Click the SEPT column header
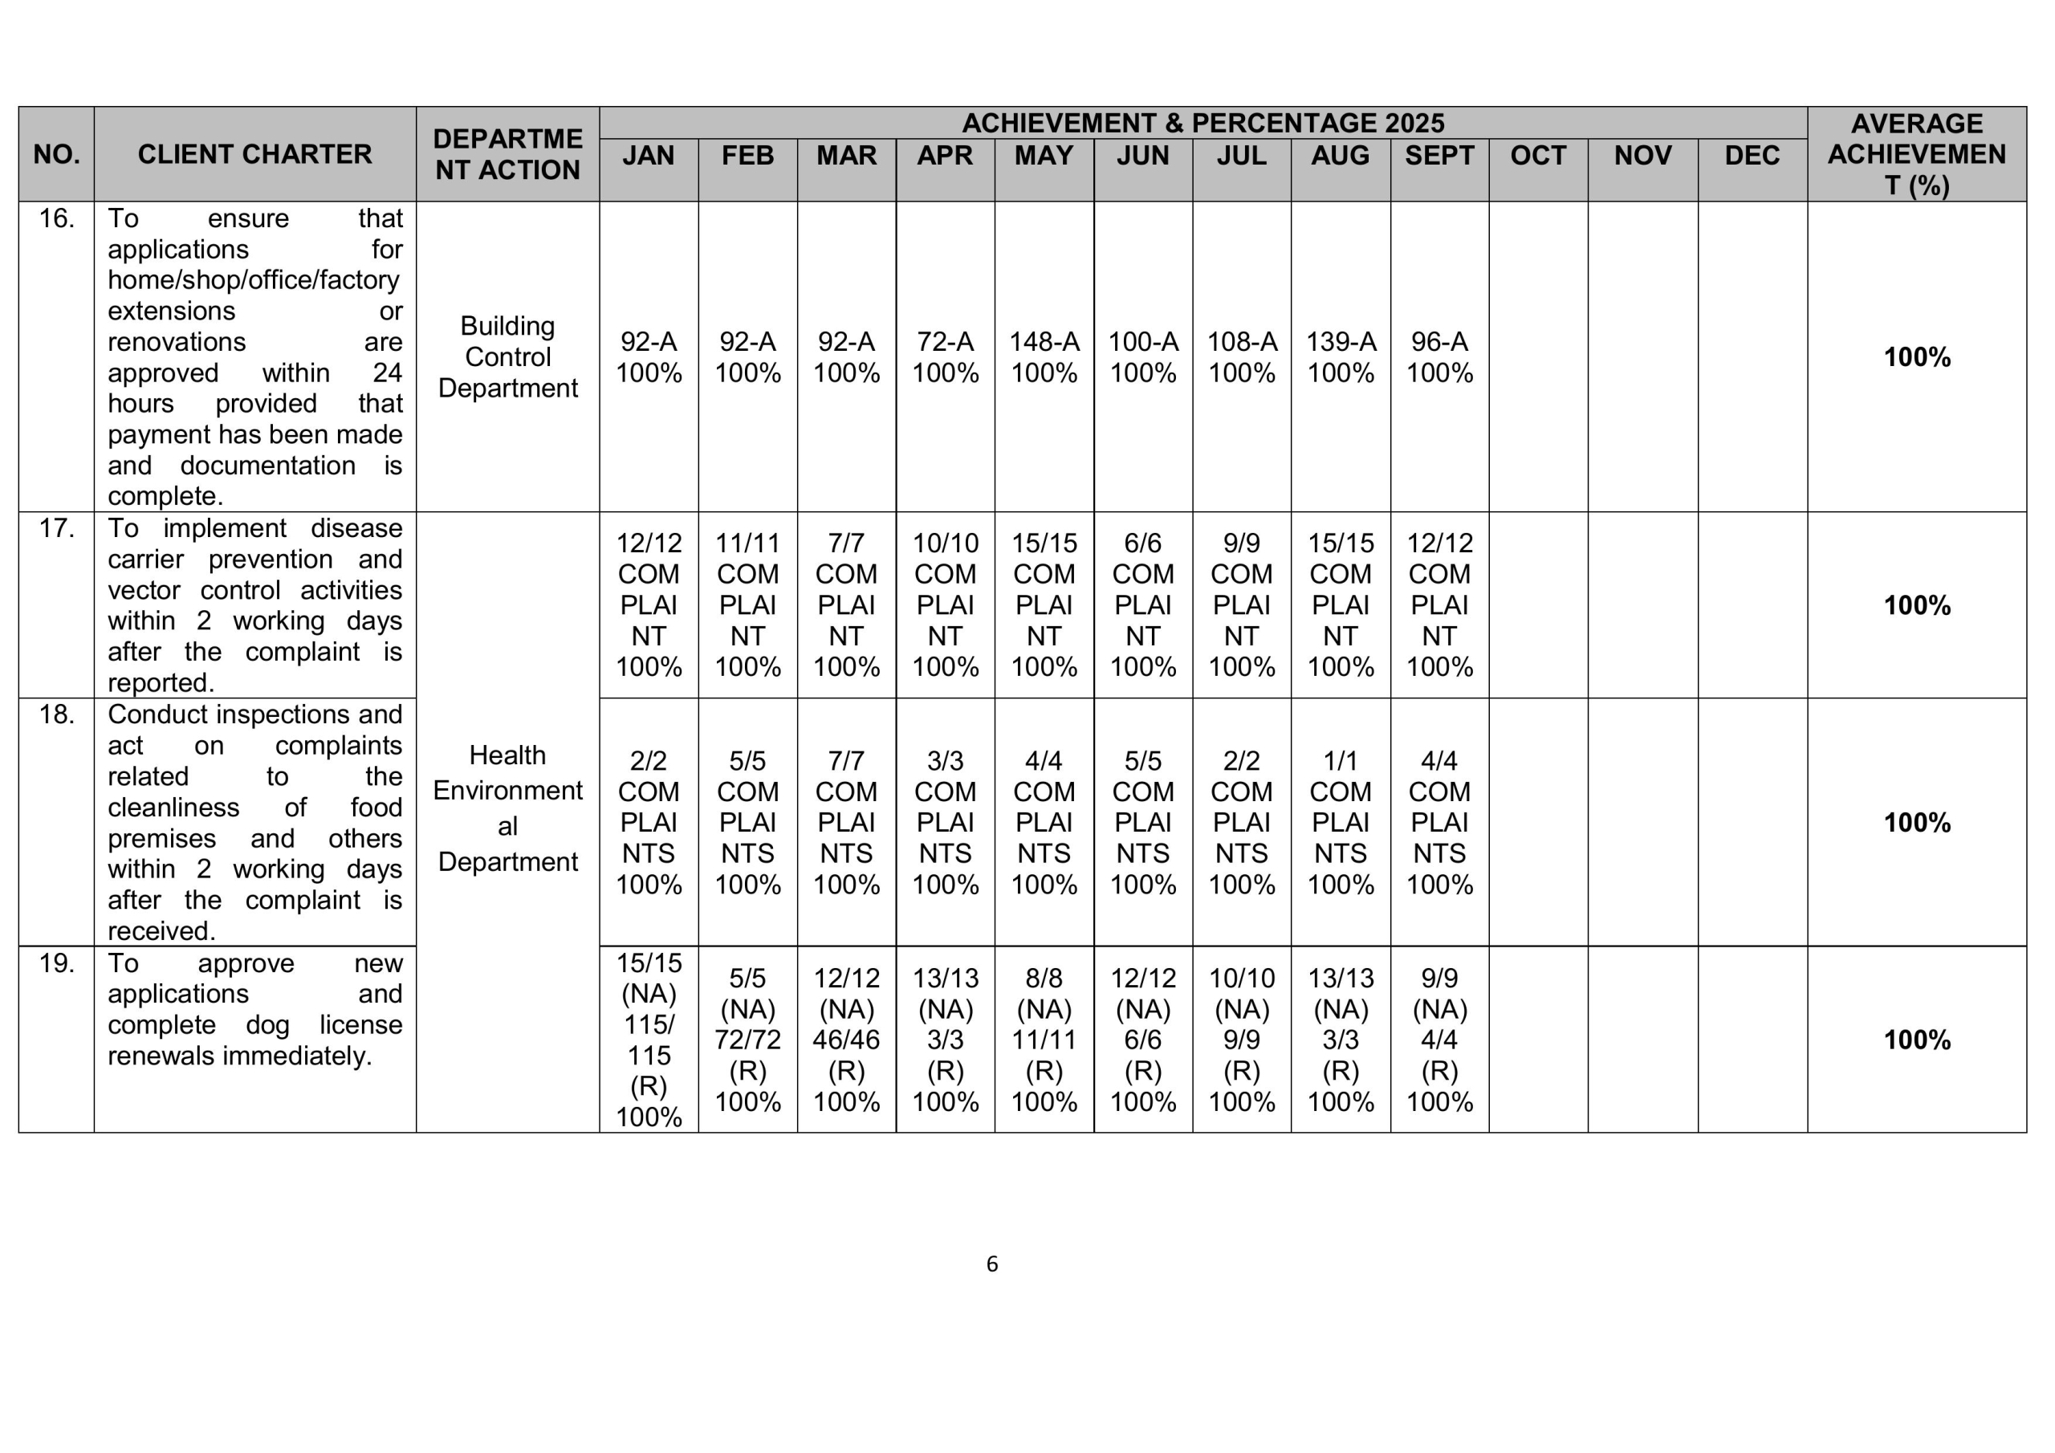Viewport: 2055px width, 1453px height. [x=1438, y=156]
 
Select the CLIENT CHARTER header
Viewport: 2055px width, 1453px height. [x=254, y=154]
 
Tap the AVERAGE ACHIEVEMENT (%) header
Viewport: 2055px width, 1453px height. [x=1916, y=154]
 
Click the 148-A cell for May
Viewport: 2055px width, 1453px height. [x=1044, y=356]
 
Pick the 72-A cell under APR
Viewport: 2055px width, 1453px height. [x=944, y=356]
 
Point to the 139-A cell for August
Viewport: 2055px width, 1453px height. [x=1340, y=356]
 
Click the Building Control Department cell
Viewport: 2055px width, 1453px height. [x=507, y=356]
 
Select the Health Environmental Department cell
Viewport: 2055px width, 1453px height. [x=507, y=808]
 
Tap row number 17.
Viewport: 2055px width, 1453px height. [x=56, y=528]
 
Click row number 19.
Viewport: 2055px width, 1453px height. [x=56, y=963]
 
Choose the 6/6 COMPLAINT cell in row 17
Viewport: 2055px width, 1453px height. [x=1142, y=604]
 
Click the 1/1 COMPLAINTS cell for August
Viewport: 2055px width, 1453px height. [x=1340, y=822]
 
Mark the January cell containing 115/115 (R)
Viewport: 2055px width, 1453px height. [x=648, y=1040]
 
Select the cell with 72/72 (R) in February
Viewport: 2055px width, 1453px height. [x=747, y=1040]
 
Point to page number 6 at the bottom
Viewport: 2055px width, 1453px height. [x=991, y=1264]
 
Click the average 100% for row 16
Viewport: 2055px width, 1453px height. [x=1916, y=357]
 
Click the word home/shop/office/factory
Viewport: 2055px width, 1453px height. [x=254, y=280]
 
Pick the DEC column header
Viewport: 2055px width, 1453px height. [x=1752, y=156]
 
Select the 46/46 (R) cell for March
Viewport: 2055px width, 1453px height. [x=846, y=1040]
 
